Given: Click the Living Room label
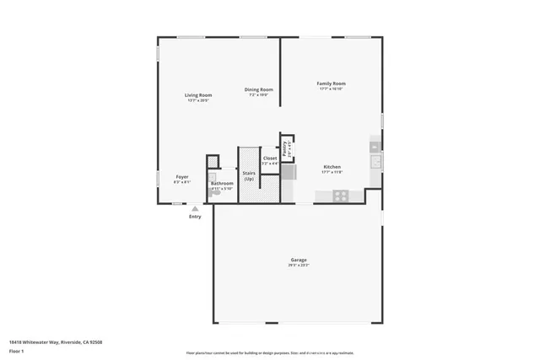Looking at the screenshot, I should coord(198,95).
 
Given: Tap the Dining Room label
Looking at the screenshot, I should coord(258,89).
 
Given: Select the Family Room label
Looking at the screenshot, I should coord(331,83).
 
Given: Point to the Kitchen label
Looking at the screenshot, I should coord(332,167).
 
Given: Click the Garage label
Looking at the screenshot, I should coord(298,260).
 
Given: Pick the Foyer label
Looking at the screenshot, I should coord(182,176).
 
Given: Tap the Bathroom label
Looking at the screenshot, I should coord(222,183).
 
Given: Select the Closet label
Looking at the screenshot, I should coord(270,158).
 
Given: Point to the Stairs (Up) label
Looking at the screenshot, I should coord(249,175).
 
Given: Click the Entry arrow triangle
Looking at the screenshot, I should coord(195,208).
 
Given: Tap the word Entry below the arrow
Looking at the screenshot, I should coord(195,217).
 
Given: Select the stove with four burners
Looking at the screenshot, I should coord(341,196).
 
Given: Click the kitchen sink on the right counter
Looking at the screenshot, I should coord(375,161).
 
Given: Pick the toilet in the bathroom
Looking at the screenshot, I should coord(216,191).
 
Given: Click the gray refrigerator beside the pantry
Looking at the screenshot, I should coord(289,172).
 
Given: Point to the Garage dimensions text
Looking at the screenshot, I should coord(298,266).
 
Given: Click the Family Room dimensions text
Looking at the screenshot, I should coord(331,89).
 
